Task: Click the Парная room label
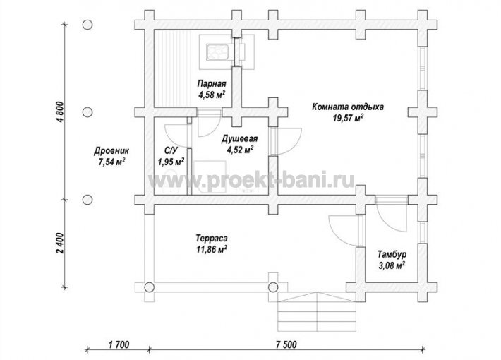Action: point(212,84)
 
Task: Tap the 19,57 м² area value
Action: point(348,119)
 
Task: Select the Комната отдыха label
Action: point(348,107)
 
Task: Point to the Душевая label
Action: point(239,139)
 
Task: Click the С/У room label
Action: point(170,150)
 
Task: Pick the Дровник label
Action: point(111,150)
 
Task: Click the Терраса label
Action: point(212,238)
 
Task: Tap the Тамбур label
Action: point(392,255)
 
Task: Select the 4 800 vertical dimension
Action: point(61,112)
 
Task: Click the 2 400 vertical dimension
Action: point(61,243)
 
